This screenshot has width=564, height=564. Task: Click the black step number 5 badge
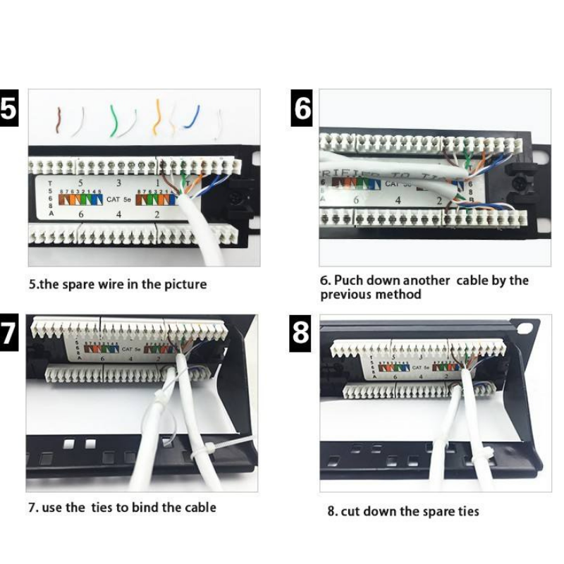[8, 110]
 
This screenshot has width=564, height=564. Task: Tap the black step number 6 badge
[301, 110]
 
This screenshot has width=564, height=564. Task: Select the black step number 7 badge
[8, 332]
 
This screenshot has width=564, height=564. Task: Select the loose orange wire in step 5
[158, 116]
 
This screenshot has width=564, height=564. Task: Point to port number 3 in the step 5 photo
[118, 183]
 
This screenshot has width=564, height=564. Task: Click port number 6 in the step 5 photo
[80, 214]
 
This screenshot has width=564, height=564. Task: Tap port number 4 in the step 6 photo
[398, 200]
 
